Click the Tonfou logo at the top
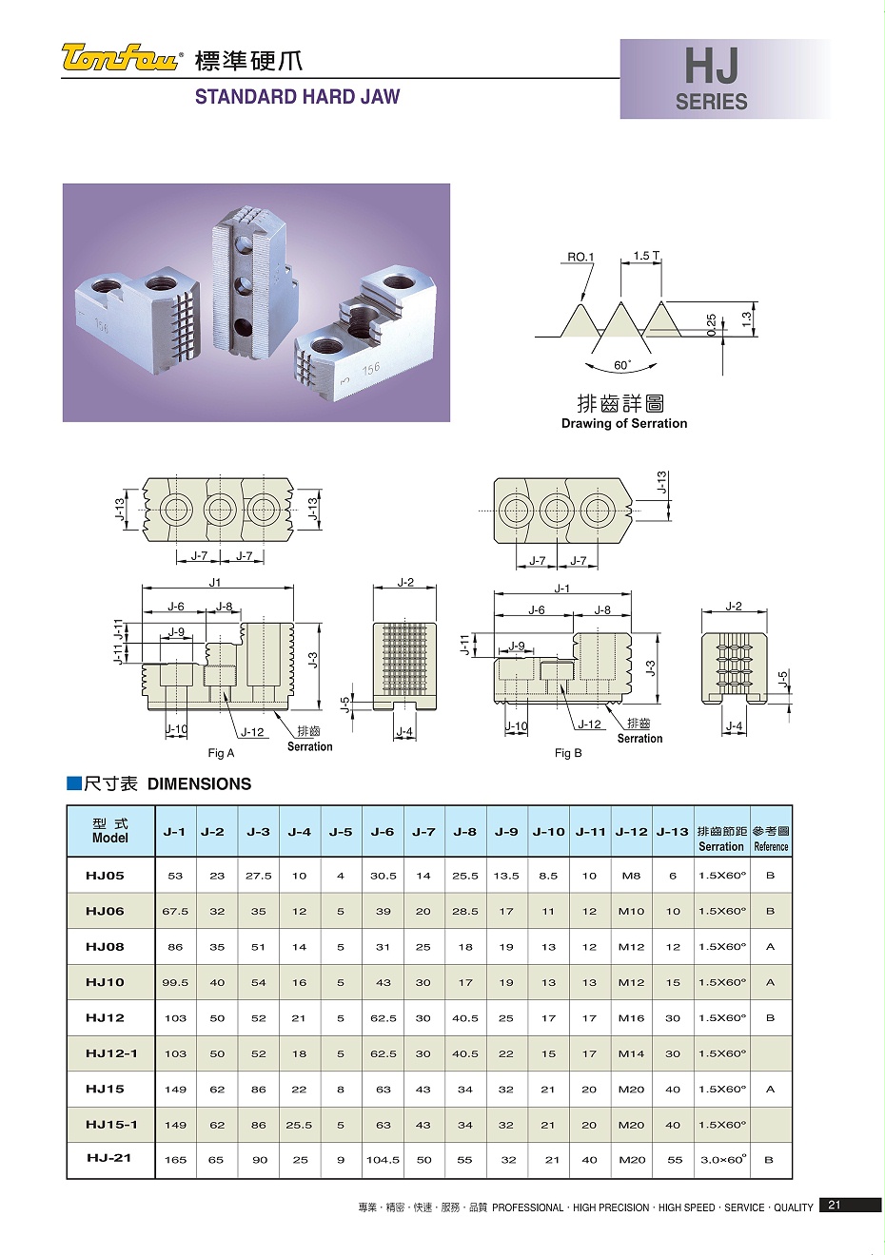pyautogui.click(x=121, y=59)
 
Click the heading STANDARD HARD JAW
pyautogui.click(x=297, y=97)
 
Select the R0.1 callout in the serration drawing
pyautogui.click(x=580, y=257)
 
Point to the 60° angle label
pyautogui.click(x=621, y=365)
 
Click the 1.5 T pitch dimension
pyautogui.click(x=646, y=256)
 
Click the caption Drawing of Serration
pyautogui.click(x=623, y=423)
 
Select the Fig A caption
pyautogui.click(x=221, y=753)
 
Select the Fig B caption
pyautogui.click(x=568, y=753)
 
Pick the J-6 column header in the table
pyautogui.click(x=383, y=832)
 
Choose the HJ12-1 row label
pyautogui.click(x=111, y=1053)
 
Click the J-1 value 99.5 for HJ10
pyautogui.click(x=175, y=983)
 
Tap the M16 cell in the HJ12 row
pyautogui.click(x=631, y=1018)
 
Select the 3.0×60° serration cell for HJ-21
pyautogui.click(x=722, y=1160)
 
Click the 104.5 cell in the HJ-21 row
pyautogui.click(x=383, y=1160)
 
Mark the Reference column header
pyautogui.click(x=771, y=839)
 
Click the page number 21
pyautogui.click(x=835, y=1206)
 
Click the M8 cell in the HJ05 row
pyautogui.click(x=631, y=877)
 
